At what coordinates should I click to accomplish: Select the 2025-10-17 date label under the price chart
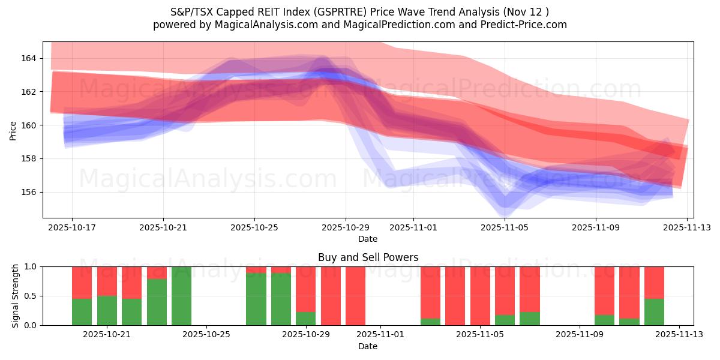coord(72,228)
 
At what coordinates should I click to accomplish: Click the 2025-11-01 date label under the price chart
coord(413,228)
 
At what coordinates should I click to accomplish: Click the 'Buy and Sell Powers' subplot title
coord(368,257)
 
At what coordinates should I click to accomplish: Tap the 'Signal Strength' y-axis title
coord(16,296)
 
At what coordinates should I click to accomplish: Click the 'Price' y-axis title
coord(13,130)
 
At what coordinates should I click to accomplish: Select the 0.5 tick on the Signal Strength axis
coord(30,296)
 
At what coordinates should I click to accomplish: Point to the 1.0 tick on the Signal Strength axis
coord(30,266)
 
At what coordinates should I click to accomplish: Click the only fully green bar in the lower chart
coord(181,296)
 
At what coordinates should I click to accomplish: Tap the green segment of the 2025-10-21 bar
coord(107,310)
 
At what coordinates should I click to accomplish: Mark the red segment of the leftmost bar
coord(82,282)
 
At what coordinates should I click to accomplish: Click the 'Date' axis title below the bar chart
coord(368,346)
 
